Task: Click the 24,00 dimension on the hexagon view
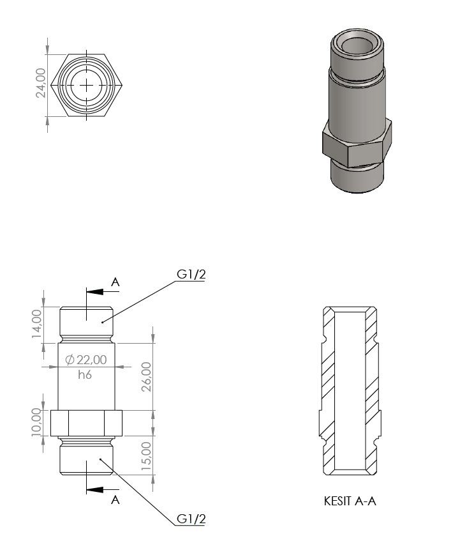click(41, 83)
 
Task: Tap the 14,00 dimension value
click(37, 324)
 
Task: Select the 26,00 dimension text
click(147, 376)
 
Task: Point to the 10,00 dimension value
click(37, 422)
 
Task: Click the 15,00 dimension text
click(147, 455)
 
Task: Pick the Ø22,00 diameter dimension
click(86, 360)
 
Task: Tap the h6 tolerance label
click(85, 374)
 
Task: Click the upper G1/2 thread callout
click(191, 274)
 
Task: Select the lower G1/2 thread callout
click(191, 519)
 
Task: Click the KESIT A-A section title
click(350, 501)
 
